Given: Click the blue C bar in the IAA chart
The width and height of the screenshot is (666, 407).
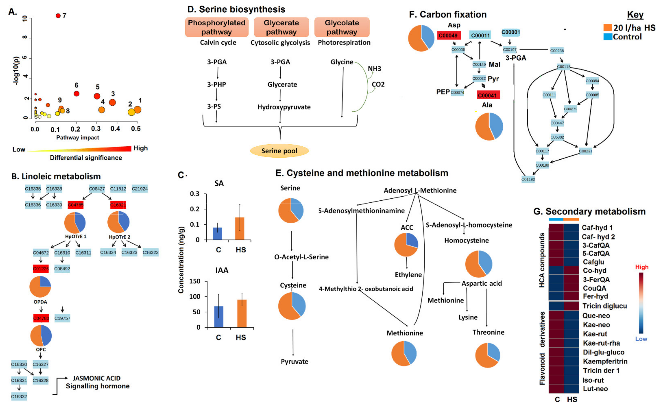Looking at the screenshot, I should (x=219, y=317).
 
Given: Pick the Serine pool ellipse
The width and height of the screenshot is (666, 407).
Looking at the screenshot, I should (x=279, y=151).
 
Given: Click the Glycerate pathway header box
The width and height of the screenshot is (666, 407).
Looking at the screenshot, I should (x=281, y=27).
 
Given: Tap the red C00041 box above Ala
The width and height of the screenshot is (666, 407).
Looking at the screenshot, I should (x=488, y=95).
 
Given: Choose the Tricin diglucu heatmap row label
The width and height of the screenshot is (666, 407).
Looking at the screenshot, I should (x=604, y=306).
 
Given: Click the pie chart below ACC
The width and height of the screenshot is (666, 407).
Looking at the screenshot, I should (x=406, y=245).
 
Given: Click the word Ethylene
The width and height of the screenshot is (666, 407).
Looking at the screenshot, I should (x=408, y=275).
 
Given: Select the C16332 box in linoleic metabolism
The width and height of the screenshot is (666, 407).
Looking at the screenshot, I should (x=19, y=396).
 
